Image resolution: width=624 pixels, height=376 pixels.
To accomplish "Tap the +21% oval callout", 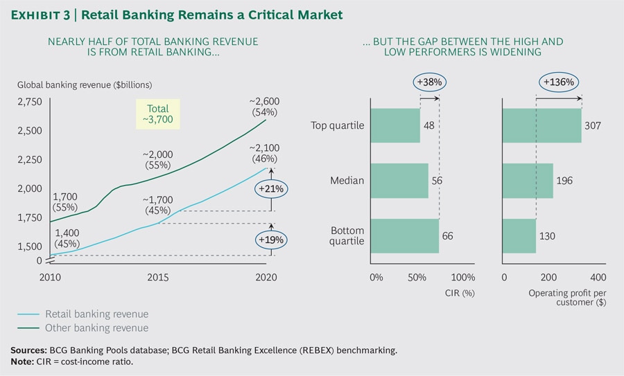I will click(271, 188).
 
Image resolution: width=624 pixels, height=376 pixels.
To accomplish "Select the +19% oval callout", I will click(271, 240).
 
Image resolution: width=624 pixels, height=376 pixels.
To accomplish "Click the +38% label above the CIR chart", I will click(430, 82).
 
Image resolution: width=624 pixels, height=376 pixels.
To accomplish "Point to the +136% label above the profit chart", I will click(558, 82).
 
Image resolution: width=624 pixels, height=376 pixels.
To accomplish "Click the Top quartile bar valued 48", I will click(395, 125).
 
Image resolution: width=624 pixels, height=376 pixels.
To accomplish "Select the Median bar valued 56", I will click(399, 181).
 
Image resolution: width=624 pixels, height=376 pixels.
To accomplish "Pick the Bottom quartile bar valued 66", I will click(405, 236).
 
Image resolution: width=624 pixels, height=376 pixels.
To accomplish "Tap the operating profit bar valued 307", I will click(541, 125).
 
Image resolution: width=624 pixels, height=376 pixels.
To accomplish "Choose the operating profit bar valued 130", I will click(519, 236).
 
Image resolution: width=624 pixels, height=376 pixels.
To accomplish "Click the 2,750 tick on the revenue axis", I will click(29, 102).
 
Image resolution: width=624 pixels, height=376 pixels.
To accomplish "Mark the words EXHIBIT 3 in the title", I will click(39, 14).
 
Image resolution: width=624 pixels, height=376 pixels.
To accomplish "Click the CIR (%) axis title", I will click(458, 293).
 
